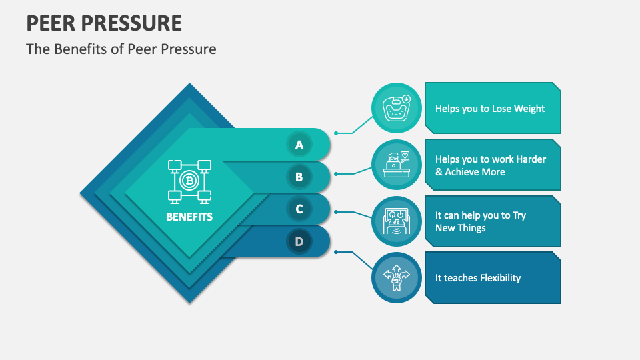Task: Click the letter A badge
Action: tap(299, 145)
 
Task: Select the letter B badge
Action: tap(299, 177)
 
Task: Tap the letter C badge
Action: tap(299, 209)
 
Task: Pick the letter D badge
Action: tap(299, 241)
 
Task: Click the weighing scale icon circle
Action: tap(396, 108)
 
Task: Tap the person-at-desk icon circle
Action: tap(396, 165)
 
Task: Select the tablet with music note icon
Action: tap(396, 221)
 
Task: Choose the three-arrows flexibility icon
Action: tap(396, 277)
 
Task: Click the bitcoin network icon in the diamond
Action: tap(189, 181)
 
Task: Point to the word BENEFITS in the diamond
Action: tap(189, 217)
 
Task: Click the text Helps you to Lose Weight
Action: tap(490, 109)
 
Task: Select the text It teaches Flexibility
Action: tap(478, 278)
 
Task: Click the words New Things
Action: tap(461, 228)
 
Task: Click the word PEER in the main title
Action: tap(51, 23)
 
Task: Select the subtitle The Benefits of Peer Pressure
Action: tap(121, 49)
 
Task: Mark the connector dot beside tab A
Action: tap(336, 133)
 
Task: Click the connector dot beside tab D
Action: tap(336, 252)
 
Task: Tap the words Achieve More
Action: tap(475, 172)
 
